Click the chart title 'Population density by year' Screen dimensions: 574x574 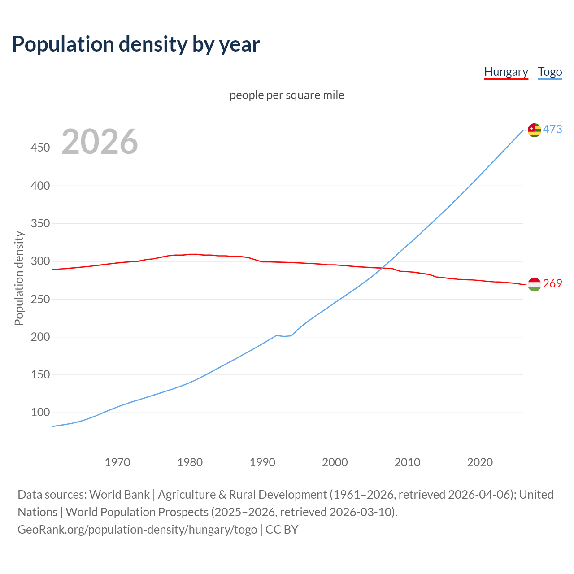click(136, 44)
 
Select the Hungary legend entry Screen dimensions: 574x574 click(506, 72)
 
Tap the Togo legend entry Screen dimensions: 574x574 click(550, 72)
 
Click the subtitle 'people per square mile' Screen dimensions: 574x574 click(287, 95)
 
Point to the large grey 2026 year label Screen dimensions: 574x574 click(100, 142)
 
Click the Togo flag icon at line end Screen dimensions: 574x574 click(534, 130)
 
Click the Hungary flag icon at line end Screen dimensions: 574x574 click(534, 284)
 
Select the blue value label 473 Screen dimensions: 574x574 click(552, 130)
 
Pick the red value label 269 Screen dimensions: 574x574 click(552, 284)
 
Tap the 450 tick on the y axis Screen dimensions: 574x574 click(40, 148)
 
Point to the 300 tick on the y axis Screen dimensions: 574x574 click(40, 261)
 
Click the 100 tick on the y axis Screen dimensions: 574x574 click(40, 412)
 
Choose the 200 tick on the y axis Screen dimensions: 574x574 click(40, 337)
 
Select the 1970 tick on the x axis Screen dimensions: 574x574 click(117, 462)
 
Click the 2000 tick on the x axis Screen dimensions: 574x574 click(335, 462)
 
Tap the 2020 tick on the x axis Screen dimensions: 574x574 click(480, 462)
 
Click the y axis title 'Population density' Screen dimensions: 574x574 click(19, 278)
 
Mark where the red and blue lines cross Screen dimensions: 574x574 click(382, 268)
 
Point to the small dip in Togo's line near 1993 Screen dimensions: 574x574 click(284, 336)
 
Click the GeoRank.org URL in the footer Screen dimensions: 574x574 click(137, 530)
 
